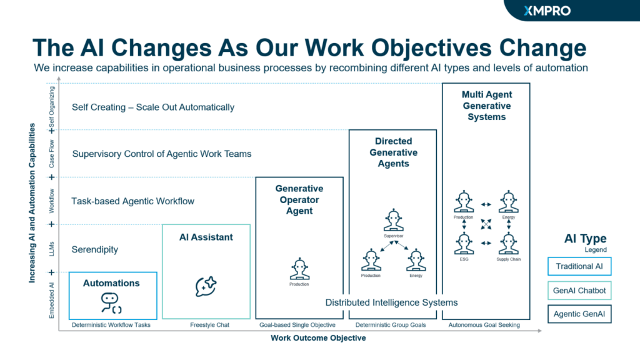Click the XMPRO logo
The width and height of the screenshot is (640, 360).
pos(547,11)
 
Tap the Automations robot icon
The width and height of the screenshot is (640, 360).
pos(111,302)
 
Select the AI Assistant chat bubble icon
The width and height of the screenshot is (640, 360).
pos(206,286)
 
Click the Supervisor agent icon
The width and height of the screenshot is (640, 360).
pos(393,221)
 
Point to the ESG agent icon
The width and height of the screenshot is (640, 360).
pos(463,243)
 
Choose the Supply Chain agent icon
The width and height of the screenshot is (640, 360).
pos(508,243)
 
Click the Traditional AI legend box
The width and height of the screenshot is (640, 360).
pos(579,266)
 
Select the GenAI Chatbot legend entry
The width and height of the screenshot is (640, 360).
pos(579,290)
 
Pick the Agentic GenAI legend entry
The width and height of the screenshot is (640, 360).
pos(579,314)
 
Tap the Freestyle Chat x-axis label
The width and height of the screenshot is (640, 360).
pos(206,325)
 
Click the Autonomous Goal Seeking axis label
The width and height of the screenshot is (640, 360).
pos(484,325)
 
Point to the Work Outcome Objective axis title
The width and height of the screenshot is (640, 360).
pos(318,338)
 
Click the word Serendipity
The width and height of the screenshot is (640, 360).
pos(95,249)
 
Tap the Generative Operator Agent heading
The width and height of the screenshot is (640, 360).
pos(299,199)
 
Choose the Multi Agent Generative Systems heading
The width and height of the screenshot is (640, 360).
pos(486,106)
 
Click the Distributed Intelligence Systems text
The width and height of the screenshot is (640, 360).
pos(391,302)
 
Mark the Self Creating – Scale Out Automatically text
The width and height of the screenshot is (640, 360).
pos(153,107)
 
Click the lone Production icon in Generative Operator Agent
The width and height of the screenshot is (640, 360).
pos(299,269)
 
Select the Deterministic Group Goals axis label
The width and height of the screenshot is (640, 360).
pos(391,325)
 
